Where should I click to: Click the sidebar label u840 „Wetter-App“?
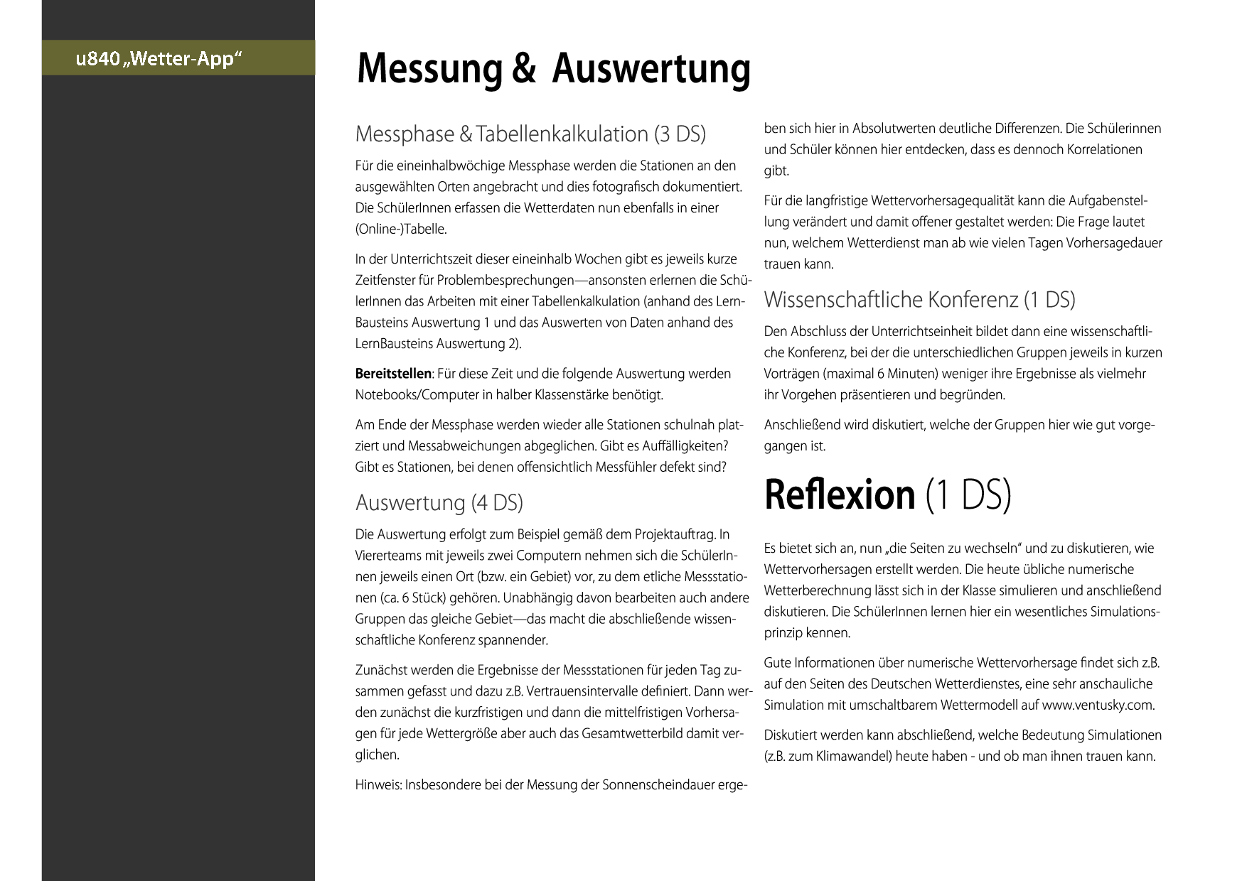tap(159, 58)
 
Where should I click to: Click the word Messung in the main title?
tap(429, 69)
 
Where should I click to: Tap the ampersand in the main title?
tap(523, 69)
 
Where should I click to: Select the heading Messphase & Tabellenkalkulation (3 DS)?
tap(530, 134)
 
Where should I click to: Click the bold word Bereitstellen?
tap(393, 374)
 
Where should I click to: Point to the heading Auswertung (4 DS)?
tap(439, 503)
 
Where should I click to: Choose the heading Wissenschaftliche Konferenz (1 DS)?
tap(919, 300)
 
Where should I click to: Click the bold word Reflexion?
tap(840, 495)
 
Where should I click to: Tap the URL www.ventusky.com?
tap(1097, 706)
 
